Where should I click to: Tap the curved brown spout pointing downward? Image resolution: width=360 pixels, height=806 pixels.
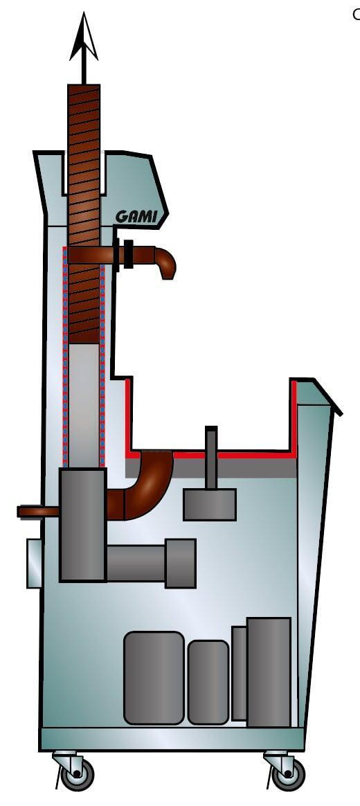(165, 262)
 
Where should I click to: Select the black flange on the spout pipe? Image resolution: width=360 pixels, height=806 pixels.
(128, 254)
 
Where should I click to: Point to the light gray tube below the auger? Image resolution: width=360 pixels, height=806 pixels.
(84, 406)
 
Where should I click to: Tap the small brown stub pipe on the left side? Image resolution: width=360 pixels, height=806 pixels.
(39, 512)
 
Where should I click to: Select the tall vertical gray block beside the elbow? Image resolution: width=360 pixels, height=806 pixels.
(83, 525)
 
